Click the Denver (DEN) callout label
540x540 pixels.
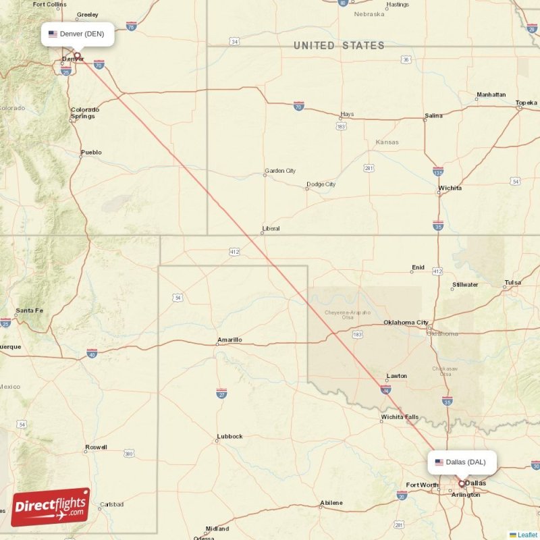[x=77, y=34]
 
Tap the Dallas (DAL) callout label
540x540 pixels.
[x=462, y=462]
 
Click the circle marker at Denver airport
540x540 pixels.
[x=77, y=56]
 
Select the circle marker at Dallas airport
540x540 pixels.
[x=462, y=483]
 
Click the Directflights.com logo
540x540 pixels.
[x=50, y=507]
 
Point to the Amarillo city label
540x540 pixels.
[x=230, y=340]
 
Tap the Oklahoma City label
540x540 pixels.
[x=406, y=323]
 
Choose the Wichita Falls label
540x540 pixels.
[x=400, y=417]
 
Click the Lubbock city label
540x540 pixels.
[x=230, y=436]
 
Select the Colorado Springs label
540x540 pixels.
[x=85, y=113]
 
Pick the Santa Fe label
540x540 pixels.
[x=29, y=310]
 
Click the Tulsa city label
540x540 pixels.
[x=513, y=283]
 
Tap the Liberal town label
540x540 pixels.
[x=271, y=229]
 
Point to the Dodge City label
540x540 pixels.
[x=321, y=184]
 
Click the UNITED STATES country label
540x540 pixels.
[x=339, y=46]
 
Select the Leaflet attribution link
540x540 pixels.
[x=526, y=535]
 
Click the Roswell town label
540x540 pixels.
[x=95, y=448]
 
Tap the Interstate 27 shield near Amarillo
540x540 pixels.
[x=221, y=393]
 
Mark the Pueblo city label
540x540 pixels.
[x=91, y=153]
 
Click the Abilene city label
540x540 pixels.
[x=331, y=503]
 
